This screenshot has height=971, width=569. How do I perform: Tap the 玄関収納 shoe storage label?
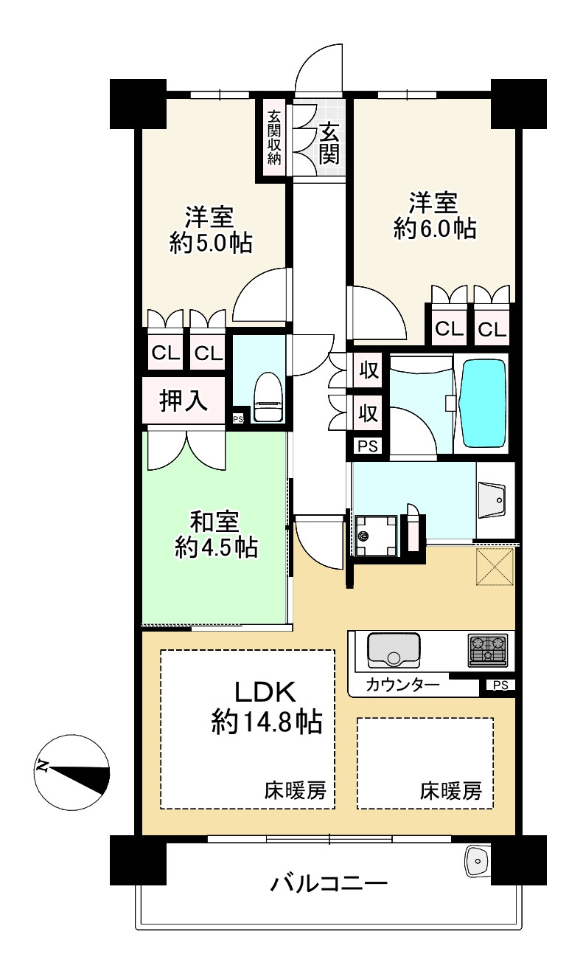click(x=274, y=137)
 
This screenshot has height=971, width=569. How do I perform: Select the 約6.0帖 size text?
click(x=434, y=228)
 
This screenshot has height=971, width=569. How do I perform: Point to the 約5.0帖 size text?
click(x=211, y=243)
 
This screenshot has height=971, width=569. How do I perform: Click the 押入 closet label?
click(x=184, y=400)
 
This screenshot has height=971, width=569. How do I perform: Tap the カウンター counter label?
click(x=402, y=685)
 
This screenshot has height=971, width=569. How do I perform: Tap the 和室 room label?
click(x=215, y=522)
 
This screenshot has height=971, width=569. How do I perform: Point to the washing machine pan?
click(x=376, y=536)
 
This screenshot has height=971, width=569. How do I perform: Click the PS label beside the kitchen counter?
click(x=500, y=685)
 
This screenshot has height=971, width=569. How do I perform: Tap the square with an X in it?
click(x=495, y=567)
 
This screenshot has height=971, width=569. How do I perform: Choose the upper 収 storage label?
click(x=369, y=370)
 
